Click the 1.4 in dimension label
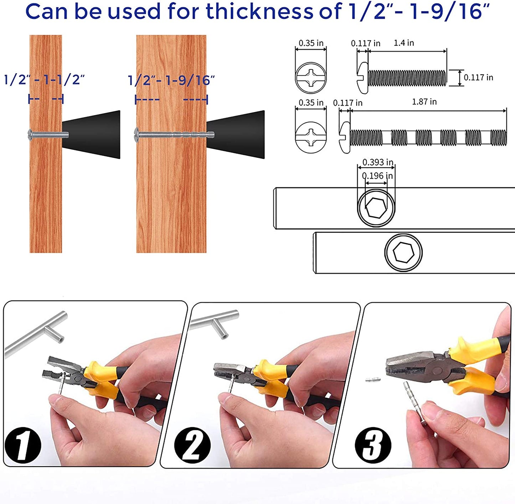[x=403, y=43]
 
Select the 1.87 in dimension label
[x=424, y=102]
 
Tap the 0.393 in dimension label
[x=378, y=162]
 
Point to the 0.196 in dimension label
[x=377, y=176]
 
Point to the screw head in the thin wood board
[x=30, y=135]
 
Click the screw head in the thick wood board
[x=137, y=135]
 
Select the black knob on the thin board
[x=91, y=135]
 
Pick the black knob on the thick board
[x=235, y=135]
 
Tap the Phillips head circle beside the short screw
[x=311, y=78]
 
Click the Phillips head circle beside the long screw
[x=311, y=137]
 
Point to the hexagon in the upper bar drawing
[x=376, y=208]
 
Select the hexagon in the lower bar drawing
[x=403, y=252]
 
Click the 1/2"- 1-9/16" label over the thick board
[x=171, y=80]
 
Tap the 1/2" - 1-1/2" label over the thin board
[x=45, y=80]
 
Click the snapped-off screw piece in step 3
[x=373, y=379]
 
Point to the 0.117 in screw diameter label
[x=479, y=77]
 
